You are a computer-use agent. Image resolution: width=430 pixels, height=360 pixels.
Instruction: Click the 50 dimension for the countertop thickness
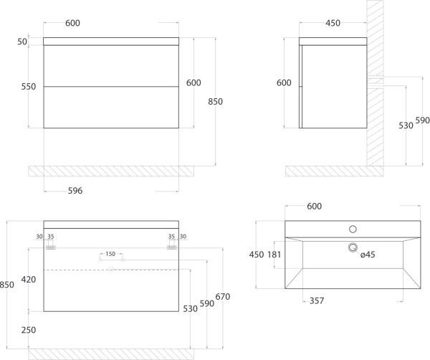click(x=22, y=42)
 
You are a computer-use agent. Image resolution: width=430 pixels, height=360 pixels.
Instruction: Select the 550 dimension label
click(x=29, y=87)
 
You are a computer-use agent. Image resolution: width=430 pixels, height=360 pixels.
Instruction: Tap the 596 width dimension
click(x=75, y=191)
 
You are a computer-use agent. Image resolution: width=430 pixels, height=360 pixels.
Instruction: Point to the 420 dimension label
click(x=29, y=280)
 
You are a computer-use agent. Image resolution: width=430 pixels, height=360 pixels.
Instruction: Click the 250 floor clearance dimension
click(x=29, y=330)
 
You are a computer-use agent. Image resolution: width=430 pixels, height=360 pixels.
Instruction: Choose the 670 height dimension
click(x=223, y=297)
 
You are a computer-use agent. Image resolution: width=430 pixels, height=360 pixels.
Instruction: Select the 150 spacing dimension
click(x=110, y=254)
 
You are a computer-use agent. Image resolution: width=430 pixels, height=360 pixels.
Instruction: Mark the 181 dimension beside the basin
click(x=274, y=255)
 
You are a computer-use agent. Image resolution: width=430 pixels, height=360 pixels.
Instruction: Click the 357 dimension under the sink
click(x=317, y=301)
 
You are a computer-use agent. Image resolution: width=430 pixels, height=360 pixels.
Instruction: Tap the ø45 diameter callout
click(x=368, y=255)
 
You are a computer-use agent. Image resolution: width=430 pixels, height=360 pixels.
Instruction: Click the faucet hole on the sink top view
click(x=353, y=229)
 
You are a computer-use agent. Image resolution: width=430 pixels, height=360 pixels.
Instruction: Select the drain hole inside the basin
click(x=353, y=248)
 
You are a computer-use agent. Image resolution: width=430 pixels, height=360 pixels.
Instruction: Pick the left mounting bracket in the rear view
click(x=51, y=247)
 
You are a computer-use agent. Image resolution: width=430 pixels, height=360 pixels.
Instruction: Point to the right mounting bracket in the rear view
click(x=172, y=247)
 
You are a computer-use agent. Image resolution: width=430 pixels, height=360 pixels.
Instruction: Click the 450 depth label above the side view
click(x=333, y=23)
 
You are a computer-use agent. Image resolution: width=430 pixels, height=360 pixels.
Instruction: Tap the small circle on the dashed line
click(x=111, y=269)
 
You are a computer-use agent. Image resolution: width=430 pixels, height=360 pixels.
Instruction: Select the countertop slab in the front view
click(x=111, y=42)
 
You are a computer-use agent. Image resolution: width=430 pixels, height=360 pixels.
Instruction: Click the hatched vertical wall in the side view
click(x=375, y=83)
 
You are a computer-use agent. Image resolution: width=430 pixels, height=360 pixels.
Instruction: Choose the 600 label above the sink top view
click(x=315, y=207)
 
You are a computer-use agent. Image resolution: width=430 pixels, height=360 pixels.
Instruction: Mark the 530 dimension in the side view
click(x=406, y=125)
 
